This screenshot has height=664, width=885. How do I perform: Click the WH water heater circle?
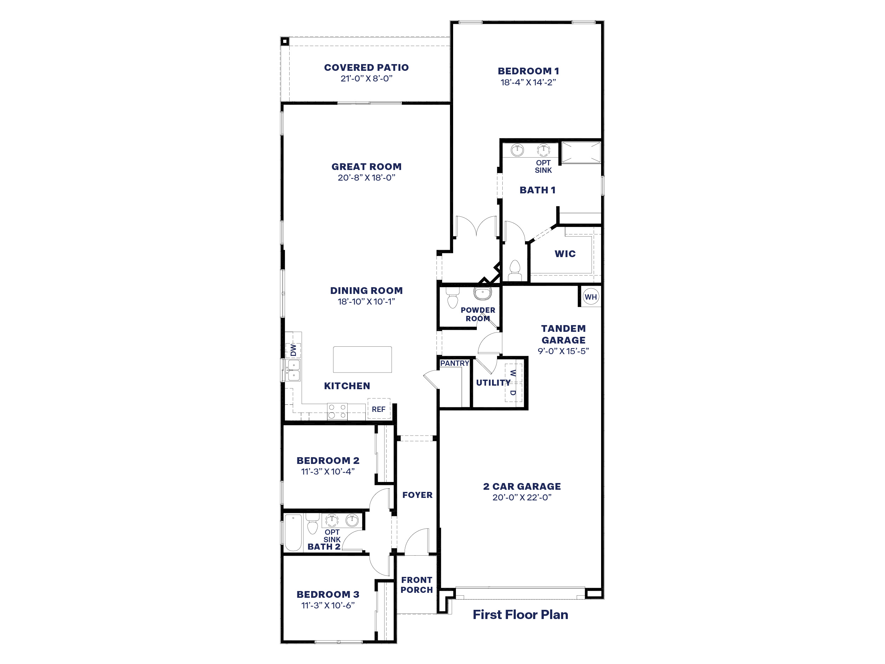590,297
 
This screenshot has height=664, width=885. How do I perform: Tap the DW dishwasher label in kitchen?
293,350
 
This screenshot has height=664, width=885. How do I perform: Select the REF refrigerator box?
378,409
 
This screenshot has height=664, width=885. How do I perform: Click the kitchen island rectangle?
362,359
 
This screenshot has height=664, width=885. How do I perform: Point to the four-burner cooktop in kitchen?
337,411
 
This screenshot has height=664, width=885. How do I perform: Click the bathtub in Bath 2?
293,533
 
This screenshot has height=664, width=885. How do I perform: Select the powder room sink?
483,293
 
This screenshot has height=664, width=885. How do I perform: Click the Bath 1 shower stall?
581,153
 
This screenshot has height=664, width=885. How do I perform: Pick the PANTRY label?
454,363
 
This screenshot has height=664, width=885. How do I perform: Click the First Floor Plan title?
520,614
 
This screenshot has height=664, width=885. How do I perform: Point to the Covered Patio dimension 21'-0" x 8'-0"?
366,79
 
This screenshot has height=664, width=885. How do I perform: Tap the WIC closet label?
565,254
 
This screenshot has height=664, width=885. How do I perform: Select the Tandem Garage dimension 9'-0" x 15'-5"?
563,351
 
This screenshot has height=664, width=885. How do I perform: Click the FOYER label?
417,495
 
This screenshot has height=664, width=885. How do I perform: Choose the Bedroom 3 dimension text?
328,605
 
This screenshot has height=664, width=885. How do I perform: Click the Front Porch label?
417,585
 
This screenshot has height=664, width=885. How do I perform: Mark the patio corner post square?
285,41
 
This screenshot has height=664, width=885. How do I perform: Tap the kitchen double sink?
293,370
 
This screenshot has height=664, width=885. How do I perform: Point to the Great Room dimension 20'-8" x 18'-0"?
366,178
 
